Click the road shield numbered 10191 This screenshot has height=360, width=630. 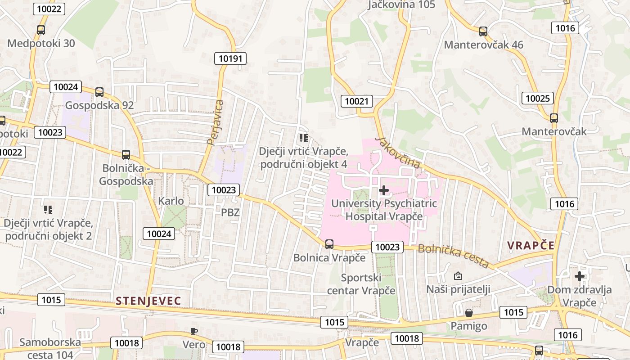click(x=230, y=58)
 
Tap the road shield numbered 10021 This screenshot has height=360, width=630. click(x=356, y=101)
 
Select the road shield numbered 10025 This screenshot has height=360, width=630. click(x=538, y=98)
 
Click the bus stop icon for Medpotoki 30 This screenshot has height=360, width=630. click(x=41, y=30)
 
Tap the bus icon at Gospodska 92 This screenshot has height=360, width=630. click(x=99, y=92)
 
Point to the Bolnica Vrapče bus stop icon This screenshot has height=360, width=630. click(x=329, y=244)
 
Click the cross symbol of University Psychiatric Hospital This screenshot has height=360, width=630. click(x=384, y=190)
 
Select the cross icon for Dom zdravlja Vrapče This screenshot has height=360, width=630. click(x=580, y=276)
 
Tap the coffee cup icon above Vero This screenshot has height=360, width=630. click(x=193, y=332)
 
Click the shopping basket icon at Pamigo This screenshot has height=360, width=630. click(x=469, y=312)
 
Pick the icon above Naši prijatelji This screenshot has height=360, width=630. click(x=458, y=275)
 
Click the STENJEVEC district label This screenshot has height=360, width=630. click(x=148, y=301)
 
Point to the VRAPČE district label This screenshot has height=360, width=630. click(x=531, y=245)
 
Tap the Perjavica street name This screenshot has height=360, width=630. click(x=215, y=122)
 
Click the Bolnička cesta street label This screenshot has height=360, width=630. click(x=453, y=256)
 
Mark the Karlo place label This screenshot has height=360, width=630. click(x=171, y=201)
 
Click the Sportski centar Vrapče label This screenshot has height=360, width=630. click(x=361, y=284)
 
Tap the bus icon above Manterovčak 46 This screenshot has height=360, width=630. click(x=483, y=31)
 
